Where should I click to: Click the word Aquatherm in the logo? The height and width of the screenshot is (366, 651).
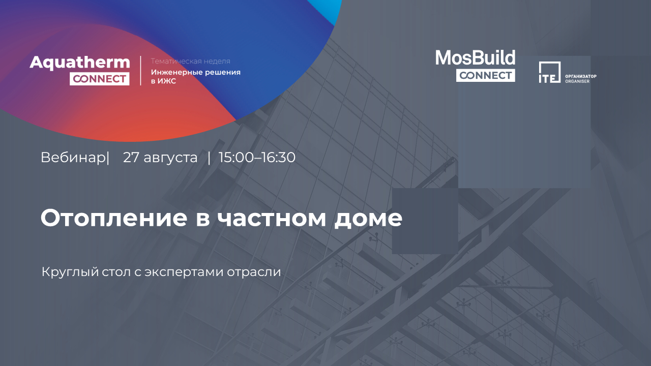click(80, 63)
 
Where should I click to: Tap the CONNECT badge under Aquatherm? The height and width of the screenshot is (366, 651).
click(99, 79)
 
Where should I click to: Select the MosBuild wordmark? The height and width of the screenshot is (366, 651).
click(475, 57)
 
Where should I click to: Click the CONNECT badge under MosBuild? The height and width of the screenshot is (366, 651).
click(486, 75)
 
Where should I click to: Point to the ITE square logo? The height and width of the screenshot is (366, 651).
click(550, 72)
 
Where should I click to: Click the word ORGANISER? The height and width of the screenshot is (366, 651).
click(577, 81)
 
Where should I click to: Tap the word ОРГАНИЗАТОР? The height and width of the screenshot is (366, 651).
click(581, 76)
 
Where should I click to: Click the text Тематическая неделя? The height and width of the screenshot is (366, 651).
click(191, 62)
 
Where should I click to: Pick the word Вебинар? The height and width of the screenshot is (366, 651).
click(73, 158)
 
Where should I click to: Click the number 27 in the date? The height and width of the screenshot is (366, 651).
click(131, 158)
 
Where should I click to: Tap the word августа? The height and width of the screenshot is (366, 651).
click(170, 158)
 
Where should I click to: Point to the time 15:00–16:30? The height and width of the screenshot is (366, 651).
click(257, 158)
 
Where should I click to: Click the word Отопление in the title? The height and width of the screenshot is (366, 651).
click(114, 218)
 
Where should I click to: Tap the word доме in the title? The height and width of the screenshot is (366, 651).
click(368, 219)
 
